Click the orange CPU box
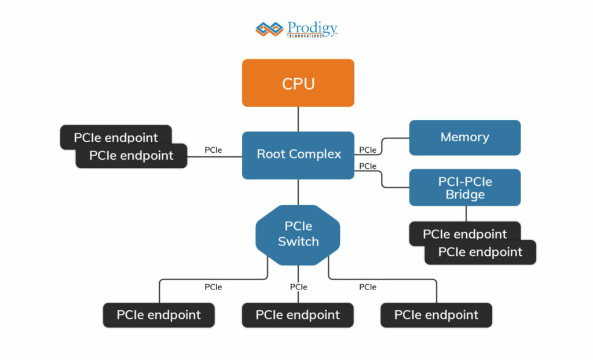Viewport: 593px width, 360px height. coord(298,83)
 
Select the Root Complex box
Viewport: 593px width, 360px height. coord(298,155)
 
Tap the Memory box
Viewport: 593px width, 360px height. coord(464,137)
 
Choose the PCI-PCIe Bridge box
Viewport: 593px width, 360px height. coord(464,188)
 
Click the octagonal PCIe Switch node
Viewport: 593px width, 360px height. coord(298,234)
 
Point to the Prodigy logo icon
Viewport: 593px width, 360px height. coord(269,28)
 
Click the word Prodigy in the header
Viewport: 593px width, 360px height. coord(312,27)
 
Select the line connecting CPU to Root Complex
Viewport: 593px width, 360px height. coord(298,119)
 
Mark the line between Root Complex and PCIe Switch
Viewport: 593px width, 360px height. coord(298,192)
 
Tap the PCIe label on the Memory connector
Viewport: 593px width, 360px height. coord(367,150)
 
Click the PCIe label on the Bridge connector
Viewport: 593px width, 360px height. coord(367,166)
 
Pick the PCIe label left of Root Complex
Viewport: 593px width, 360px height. coord(213,150)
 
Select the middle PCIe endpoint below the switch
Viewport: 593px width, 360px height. coord(298,315)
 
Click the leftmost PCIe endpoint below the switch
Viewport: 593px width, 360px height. coord(159,315)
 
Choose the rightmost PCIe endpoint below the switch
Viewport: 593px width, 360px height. coord(436,315)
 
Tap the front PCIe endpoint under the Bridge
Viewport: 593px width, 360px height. coord(480,252)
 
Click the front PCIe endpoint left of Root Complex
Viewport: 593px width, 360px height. coord(131,156)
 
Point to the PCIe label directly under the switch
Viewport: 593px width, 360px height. coord(298,286)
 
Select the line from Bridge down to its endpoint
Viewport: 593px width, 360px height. coord(466,214)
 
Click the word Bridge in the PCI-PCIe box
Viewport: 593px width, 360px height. coord(464,194)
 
